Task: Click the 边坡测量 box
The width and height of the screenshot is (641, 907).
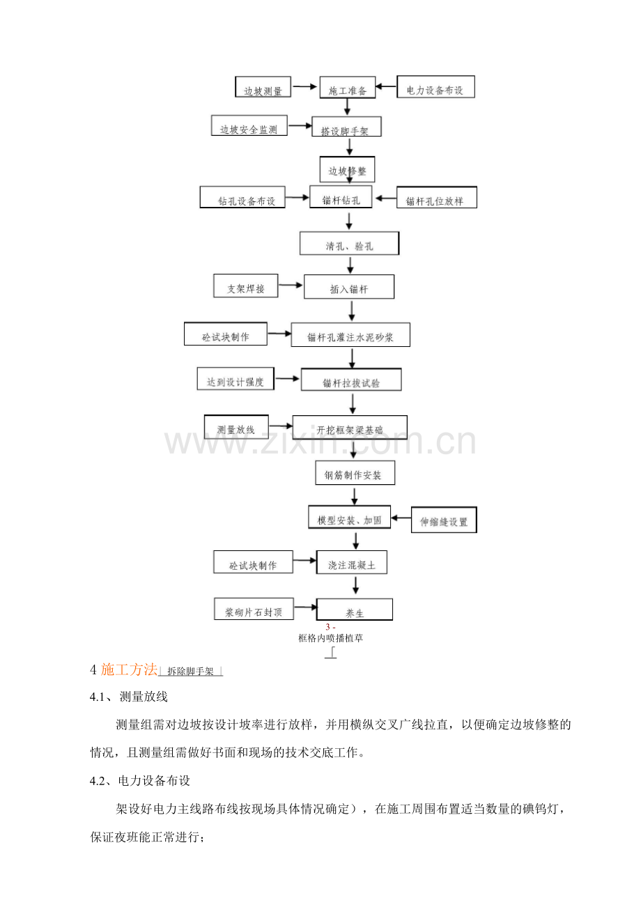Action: click(x=263, y=86)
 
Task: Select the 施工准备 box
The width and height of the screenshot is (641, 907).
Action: click(x=348, y=87)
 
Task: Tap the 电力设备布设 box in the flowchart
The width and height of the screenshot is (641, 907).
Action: click(x=435, y=86)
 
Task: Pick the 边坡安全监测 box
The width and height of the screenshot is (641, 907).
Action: click(x=249, y=125)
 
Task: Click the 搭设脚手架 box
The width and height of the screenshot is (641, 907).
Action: click(x=346, y=126)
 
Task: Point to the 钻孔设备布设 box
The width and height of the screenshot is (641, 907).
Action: click(x=242, y=197)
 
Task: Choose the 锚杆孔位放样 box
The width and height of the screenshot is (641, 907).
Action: click(x=437, y=197)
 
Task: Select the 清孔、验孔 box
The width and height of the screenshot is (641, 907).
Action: click(x=349, y=243)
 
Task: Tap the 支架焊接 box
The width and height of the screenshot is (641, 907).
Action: click(x=246, y=286)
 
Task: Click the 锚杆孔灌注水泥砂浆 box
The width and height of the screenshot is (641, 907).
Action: click(x=350, y=334)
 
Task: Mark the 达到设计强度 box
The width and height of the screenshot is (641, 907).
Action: click(x=235, y=378)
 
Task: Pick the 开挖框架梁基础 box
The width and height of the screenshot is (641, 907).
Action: click(x=350, y=427)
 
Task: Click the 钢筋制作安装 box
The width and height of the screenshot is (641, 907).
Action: click(x=355, y=472)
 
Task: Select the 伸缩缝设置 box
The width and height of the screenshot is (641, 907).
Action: click(x=444, y=520)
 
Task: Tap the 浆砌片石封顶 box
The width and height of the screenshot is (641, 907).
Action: click(x=254, y=609)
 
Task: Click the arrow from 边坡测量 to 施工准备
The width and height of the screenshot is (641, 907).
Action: click(x=305, y=86)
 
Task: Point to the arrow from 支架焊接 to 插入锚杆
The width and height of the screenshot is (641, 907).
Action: click(x=291, y=285)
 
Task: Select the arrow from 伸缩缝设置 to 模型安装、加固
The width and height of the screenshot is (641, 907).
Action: click(x=401, y=518)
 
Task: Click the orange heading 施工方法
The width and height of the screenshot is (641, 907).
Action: click(x=129, y=669)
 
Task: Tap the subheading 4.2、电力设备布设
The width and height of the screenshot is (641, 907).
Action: click(x=140, y=781)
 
